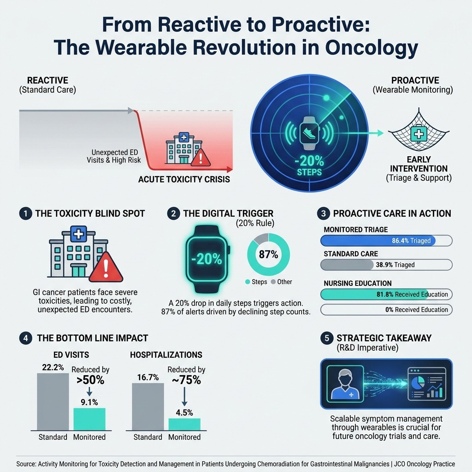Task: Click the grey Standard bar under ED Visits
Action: click(x=53, y=402)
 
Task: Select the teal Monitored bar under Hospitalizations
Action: click(x=184, y=425)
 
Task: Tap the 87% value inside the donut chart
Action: click(x=269, y=254)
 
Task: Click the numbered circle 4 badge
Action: click(x=26, y=338)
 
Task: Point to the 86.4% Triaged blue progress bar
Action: click(x=378, y=241)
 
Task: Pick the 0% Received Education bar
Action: click(x=386, y=309)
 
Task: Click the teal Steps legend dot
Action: click(x=248, y=282)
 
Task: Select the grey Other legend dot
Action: click(x=273, y=282)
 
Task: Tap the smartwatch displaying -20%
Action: click(x=207, y=259)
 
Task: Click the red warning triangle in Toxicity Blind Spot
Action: click(x=106, y=268)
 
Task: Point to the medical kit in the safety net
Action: click(x=419, y=133)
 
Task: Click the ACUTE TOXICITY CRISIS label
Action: click(x=184, y=179)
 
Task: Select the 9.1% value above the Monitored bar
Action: click(x=89, y=402)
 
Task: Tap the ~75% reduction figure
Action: click(x=186, y=380)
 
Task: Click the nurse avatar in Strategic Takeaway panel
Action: click(x=345, y=384)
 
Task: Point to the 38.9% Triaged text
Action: click(x=395, y=265)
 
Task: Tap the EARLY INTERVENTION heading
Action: click(x=419, y=164)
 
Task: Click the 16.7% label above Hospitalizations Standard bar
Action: click(x=148, y=377)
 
